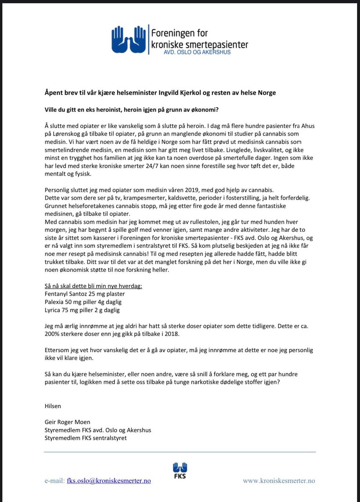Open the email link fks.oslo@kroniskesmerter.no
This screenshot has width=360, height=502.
click(109, 481)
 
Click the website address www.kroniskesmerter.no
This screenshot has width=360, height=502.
click(279, 481)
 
